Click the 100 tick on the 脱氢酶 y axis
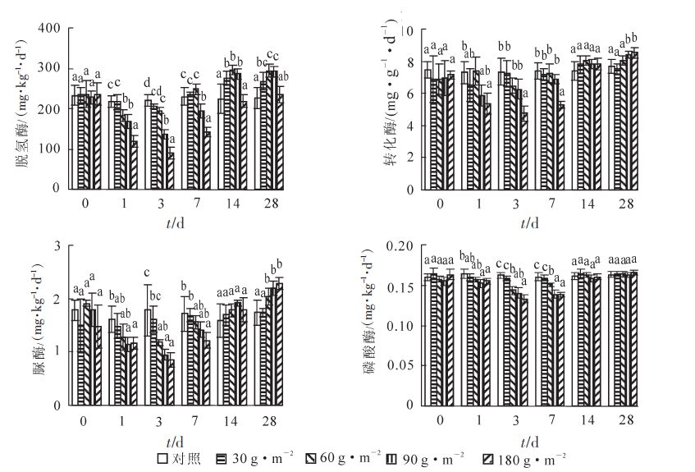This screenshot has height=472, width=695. click(x=53, y=149)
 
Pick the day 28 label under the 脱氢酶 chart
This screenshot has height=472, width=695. click(x=268, y=204)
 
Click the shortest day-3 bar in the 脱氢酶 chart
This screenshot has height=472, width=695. click(x=171, y=170)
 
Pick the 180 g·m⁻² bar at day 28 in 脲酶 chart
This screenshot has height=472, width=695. click(x=279, y=344)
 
